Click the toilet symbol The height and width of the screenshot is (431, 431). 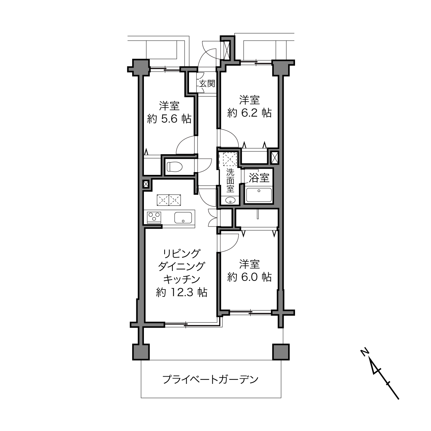(175, 167)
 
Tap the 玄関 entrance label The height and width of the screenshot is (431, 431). (207, 84)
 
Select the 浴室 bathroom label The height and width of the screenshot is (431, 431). (259, 178)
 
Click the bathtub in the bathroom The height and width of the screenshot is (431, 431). (259, 195)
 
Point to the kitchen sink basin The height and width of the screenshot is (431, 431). (183, 218)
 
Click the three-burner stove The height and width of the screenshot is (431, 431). (154, 217)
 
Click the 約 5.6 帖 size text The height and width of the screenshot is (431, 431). (169, 119)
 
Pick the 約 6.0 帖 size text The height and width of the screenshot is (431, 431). (249, 277)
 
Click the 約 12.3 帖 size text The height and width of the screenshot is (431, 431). (182, 292)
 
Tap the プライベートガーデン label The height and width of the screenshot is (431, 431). (210, 379)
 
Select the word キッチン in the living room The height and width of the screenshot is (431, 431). (182, 279)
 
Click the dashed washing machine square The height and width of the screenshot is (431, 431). (230, 159)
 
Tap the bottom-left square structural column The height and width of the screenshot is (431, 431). (141, 352)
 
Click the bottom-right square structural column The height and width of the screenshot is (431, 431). (281, 352)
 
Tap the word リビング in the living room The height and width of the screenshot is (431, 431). (181, 253)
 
